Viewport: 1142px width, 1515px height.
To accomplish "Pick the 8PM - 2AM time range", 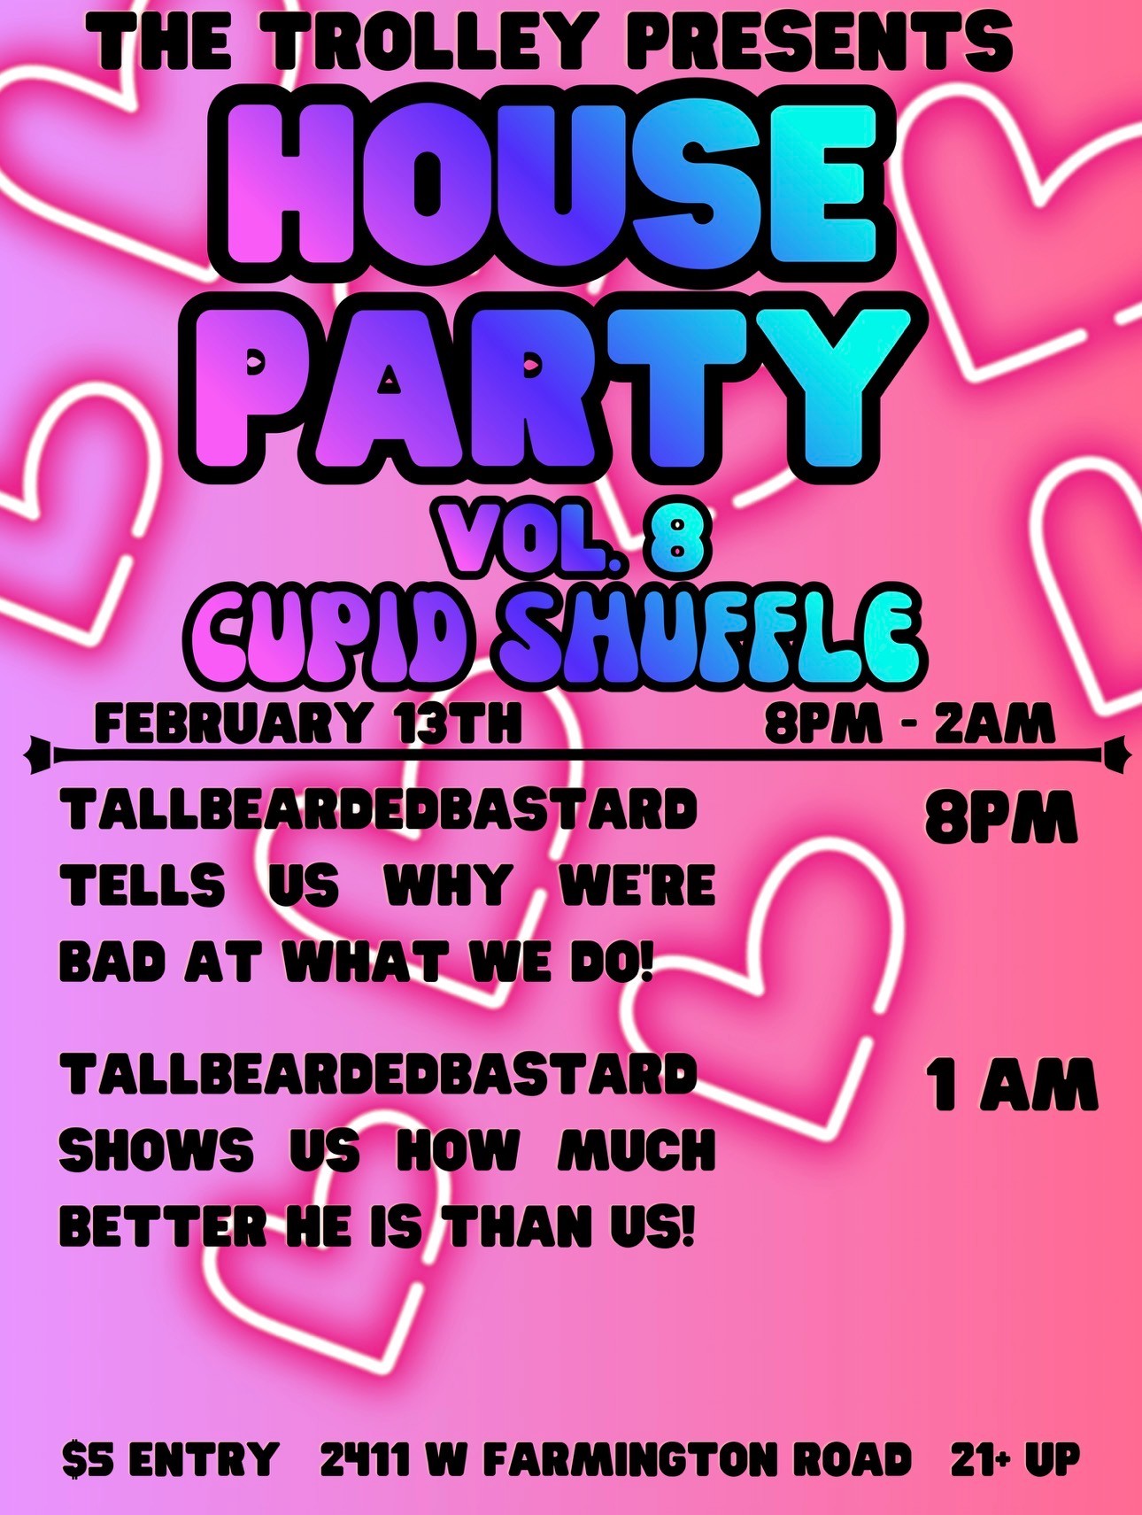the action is pyautogui.click(x=909, y=723).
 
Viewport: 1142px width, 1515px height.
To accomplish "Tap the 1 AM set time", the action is pyautogui.click(x=1011, y=1085).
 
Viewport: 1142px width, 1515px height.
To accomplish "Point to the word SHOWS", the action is pyautogui.click(x=156, y=1150).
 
